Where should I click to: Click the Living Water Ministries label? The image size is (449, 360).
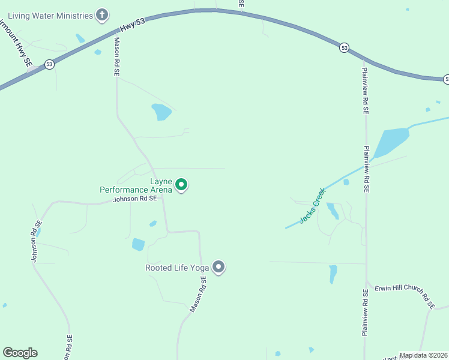[x=50, y=15]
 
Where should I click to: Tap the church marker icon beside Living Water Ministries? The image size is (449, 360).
[x=103, y=15]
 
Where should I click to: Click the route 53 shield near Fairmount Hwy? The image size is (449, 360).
[x=49, y=64]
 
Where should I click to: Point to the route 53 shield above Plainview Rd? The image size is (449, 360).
[x=344, y=47]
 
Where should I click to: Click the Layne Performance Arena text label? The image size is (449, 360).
[x=136, y=185]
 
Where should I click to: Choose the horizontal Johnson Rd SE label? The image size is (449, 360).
[x=135, y=199]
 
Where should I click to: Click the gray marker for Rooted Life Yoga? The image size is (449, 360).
[x=219, y=267]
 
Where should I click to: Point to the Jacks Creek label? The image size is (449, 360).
[x=312, y=206]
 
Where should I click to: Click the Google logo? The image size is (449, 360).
[x=20, y=353]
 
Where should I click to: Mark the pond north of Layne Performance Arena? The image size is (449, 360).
[x=161, y=112]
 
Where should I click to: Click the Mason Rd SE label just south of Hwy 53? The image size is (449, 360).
[x=117, y=57]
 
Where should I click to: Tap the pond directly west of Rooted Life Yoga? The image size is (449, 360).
[x=138, y=244]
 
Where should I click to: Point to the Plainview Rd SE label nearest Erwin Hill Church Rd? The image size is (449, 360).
[x=365, y=313]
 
